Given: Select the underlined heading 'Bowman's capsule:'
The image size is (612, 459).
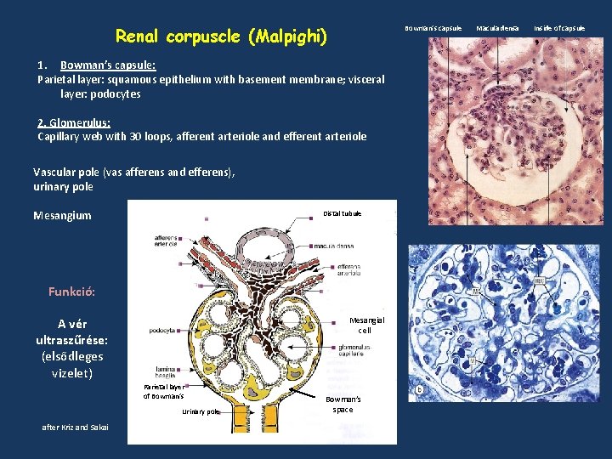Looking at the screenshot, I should click(x=107, y=65).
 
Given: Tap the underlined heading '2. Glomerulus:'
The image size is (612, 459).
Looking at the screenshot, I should click(x=74, y=122).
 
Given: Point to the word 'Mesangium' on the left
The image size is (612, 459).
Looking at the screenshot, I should click(x=62, y=215).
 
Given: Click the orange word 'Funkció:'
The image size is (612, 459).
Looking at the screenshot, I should click(x=71, y=292).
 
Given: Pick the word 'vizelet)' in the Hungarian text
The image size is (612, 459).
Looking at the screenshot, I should click(x=72, y=372).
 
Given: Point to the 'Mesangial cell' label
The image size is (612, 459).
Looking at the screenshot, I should click(x=365, y=325).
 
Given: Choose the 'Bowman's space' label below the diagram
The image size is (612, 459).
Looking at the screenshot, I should click(x=344, y=404).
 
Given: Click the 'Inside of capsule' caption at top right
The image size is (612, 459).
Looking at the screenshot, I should click(x=559, y=28).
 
